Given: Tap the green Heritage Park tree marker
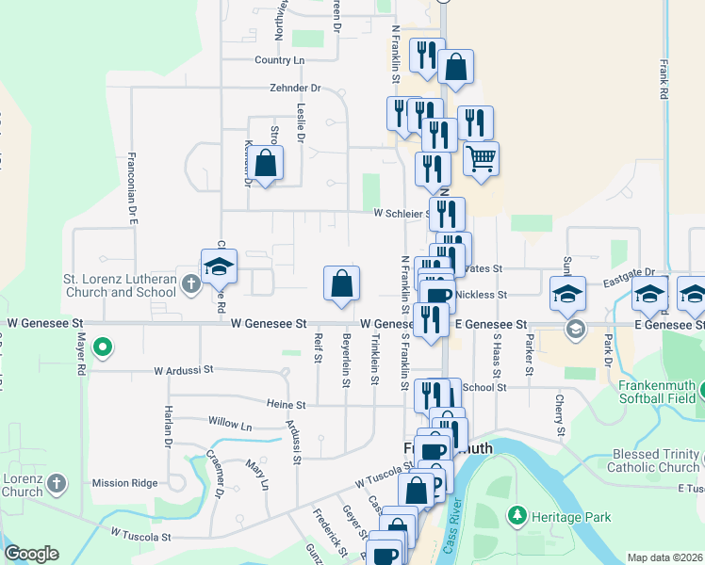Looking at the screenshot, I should pos(516,515).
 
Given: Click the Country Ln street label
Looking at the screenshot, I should pos(280,60).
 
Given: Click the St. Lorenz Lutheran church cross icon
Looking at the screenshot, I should pos(189,282).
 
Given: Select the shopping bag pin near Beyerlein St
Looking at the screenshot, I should pos(341,282).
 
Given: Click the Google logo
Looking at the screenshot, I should pos(31,554).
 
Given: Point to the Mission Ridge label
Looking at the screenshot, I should pos(124,483).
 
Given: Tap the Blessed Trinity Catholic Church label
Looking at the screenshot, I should pos(653,461).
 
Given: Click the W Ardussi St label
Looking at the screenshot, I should pos(186,370).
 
